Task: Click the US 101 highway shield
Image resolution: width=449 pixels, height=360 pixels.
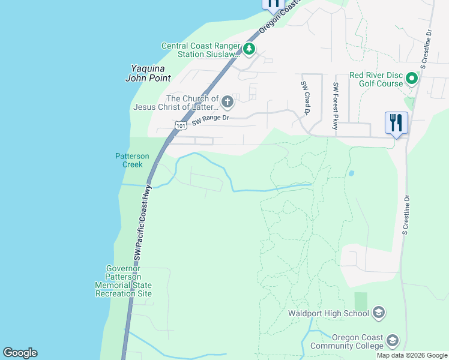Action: pos(181,125)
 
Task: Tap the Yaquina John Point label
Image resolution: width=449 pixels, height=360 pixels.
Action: pos(148,73)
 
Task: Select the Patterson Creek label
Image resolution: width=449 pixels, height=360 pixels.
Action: pos(128,160)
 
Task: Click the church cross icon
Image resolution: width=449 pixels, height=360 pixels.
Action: pos(227,102)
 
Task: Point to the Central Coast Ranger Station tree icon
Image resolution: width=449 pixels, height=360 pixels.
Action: pos(249,49)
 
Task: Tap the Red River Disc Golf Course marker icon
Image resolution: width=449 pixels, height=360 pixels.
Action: pos(411,79)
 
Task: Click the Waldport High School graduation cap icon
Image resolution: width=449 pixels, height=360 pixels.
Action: pos(378,312)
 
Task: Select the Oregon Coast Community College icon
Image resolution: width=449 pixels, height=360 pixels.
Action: pos(392,341)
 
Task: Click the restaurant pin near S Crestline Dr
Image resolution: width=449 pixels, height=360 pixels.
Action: pos(396,123)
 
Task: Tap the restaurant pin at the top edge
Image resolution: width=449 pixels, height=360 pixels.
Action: pos(273,4)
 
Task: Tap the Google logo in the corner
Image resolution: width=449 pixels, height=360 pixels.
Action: pos(20,353)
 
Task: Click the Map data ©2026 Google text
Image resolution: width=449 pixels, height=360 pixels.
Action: pos(411,355)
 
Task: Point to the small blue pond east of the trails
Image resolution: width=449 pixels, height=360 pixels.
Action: pos(351,173)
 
